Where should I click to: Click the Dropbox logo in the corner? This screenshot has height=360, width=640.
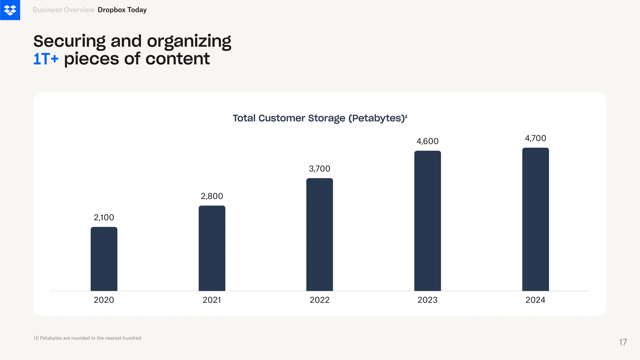(10, 10)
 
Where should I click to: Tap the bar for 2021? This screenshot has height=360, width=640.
(212, 248)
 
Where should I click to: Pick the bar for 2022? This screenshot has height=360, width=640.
(320, 234)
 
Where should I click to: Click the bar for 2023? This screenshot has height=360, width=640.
(427, 221)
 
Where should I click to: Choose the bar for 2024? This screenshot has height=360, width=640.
(535, 219)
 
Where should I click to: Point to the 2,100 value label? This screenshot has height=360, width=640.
(104, 217)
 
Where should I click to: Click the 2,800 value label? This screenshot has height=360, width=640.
(212, 196)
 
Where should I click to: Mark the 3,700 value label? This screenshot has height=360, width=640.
(320, 169)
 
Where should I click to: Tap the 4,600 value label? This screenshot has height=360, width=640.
(427, 141)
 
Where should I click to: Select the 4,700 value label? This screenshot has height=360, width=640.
(535, 138)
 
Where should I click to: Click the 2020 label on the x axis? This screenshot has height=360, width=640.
(104, 300)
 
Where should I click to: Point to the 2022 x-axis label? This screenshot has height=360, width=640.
(320, 300)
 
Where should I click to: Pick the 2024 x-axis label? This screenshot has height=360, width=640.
(535, 300)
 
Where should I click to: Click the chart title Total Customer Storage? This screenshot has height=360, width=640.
(320, 118)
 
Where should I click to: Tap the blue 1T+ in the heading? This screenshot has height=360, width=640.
(46, 59)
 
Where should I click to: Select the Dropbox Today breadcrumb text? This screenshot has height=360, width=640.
(122, 10)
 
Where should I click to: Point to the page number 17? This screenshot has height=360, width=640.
(623, 342)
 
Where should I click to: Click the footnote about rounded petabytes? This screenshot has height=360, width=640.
(87, 338)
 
